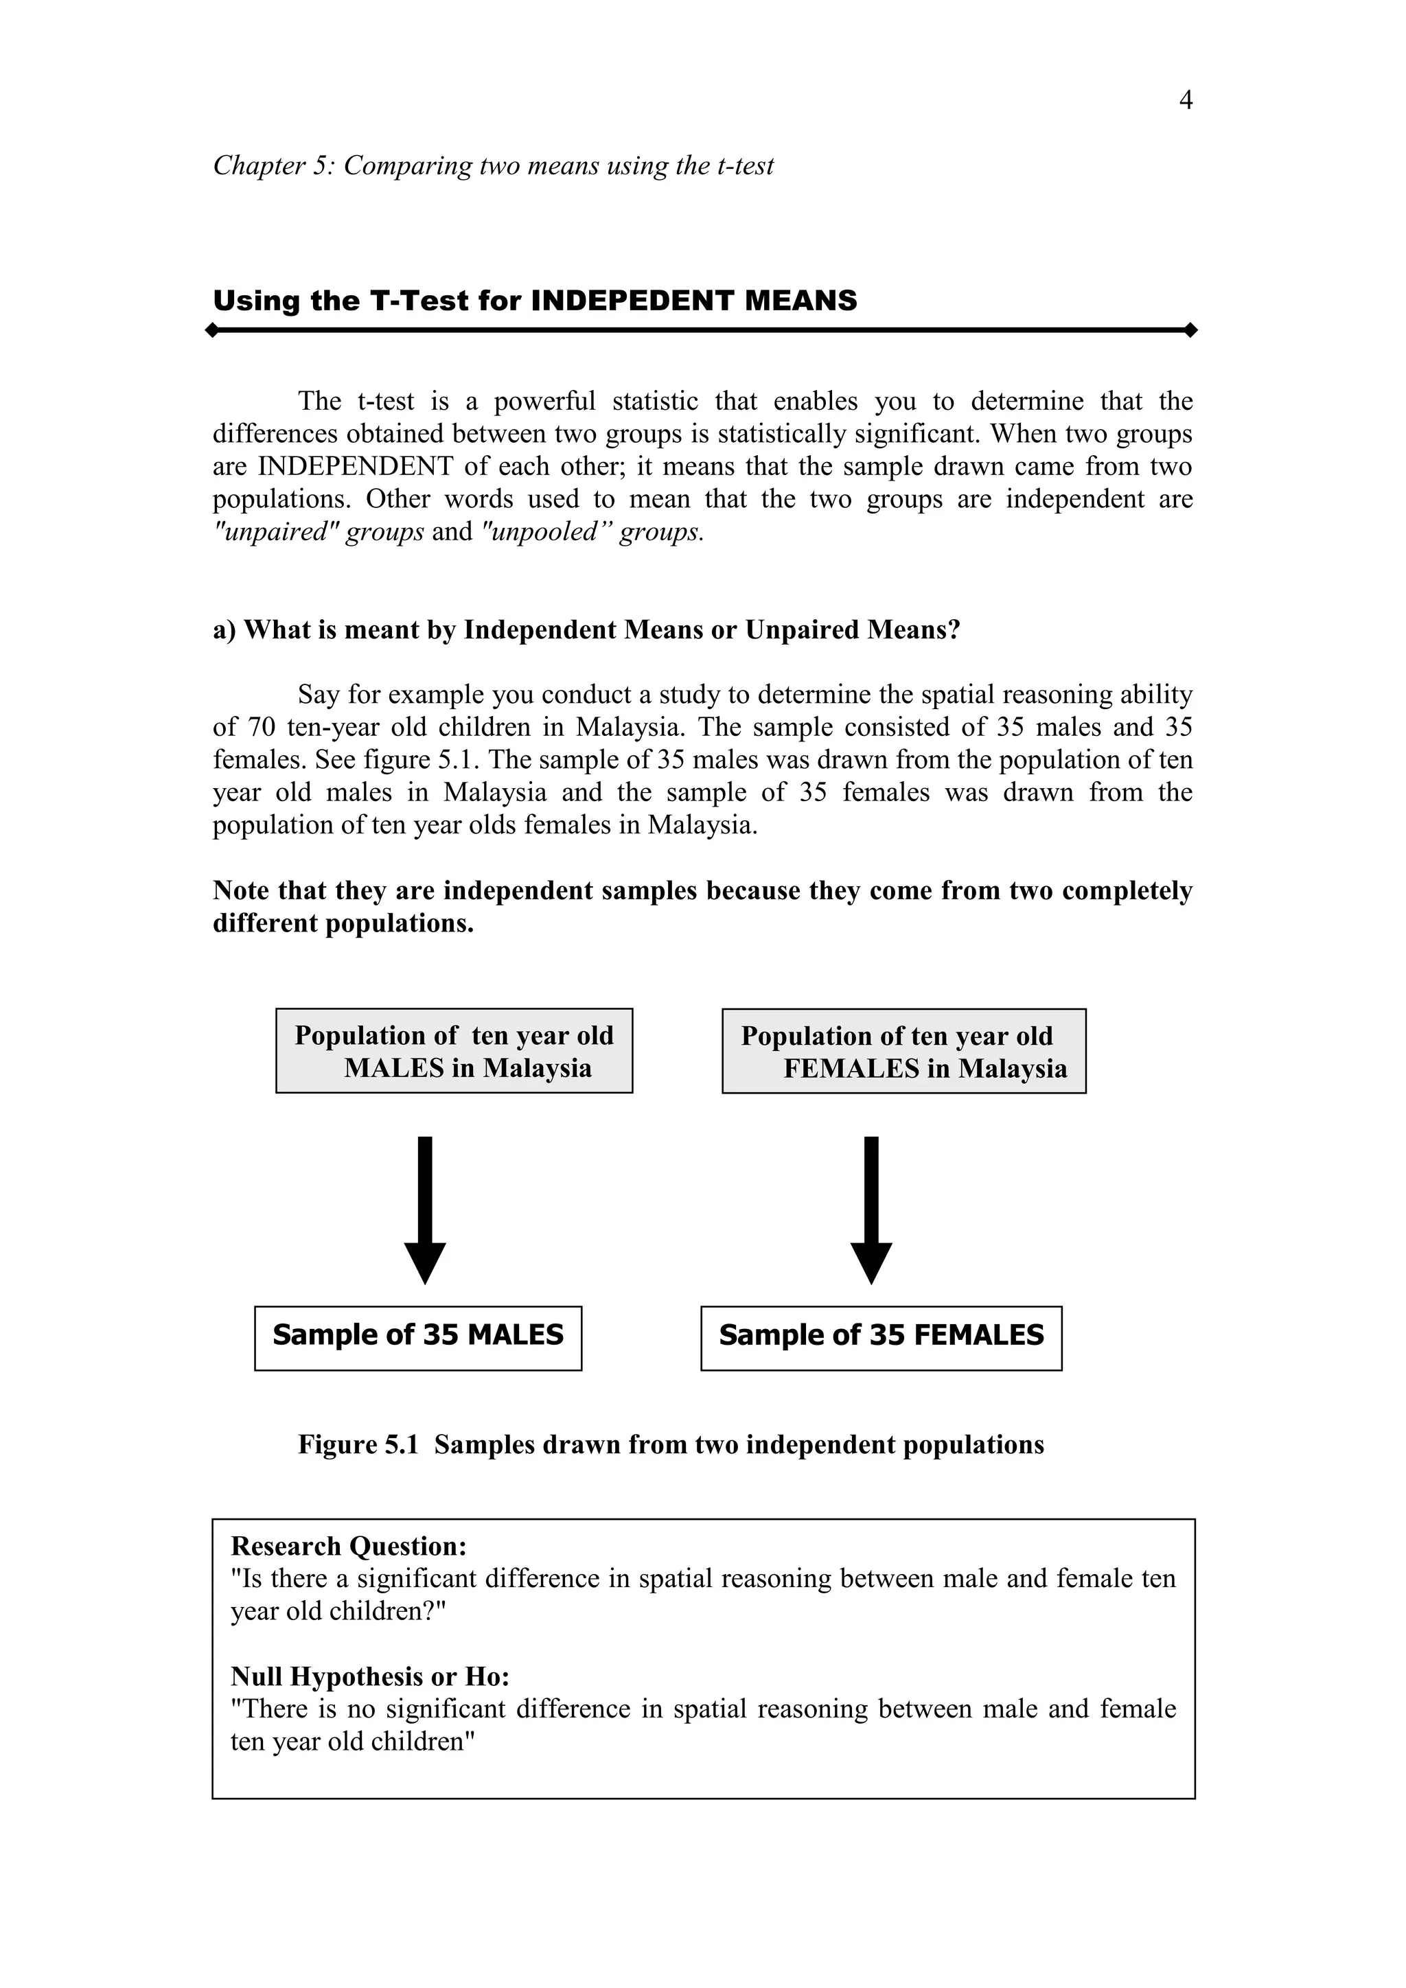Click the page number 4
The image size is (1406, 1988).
tap(1185, 102)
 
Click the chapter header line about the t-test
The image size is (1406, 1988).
tap(493, 165)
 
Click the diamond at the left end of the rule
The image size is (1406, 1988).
tap(212, 331)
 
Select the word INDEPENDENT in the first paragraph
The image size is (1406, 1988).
tap(355, 467)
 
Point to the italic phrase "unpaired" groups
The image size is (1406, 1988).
tap(318, 531)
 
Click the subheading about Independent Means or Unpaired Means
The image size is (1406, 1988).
tap(586, 629)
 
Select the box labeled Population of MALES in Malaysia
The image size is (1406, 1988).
tap(454, 1051)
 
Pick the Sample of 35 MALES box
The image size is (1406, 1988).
tap(417, 1338)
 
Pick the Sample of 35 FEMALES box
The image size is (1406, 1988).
tap(881, 1338)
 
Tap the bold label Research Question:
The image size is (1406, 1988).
tap(348, 1547)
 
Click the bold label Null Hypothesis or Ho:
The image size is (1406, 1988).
tap(369, 1677)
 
